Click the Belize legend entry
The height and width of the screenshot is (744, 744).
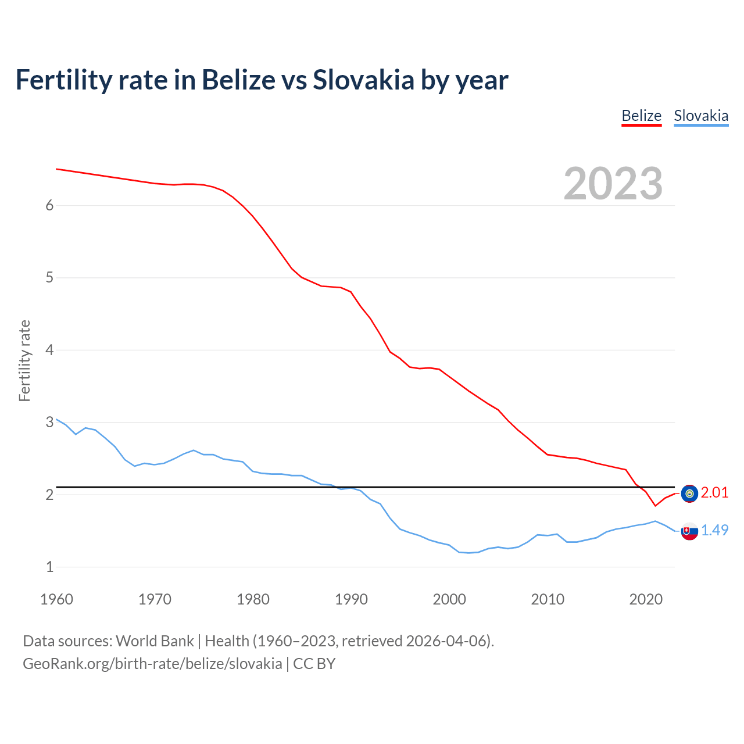coord(641,116)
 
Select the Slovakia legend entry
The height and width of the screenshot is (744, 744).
coord(700,116)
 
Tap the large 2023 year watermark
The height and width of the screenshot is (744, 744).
coord(613,184)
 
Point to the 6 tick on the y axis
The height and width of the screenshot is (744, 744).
coord(49,205)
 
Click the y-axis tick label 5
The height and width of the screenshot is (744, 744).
coord(49,278)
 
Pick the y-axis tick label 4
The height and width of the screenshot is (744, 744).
coord(49,350)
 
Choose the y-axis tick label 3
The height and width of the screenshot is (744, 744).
coord(49,422)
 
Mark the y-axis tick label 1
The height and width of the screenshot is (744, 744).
coord(49,567)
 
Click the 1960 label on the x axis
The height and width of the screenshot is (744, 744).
coord(56,599)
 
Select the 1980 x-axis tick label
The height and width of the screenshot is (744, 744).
coord(253,599)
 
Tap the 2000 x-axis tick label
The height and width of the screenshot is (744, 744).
coord(449,599)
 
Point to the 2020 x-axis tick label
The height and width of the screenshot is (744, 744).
coord(646,599)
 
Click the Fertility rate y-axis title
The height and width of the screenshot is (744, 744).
coord(24,360)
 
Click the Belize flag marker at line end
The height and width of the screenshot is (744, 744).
coord(689,493)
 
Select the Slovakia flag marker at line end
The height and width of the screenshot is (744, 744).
coord(689,531)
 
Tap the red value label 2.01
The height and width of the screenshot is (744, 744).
coord(714,493)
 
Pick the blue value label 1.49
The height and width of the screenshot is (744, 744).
coord(714,530)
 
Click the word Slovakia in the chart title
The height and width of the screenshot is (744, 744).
coord(363,80)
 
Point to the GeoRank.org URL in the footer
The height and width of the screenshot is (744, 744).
coord(152,664)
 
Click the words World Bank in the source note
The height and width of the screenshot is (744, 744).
coord(155,641)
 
